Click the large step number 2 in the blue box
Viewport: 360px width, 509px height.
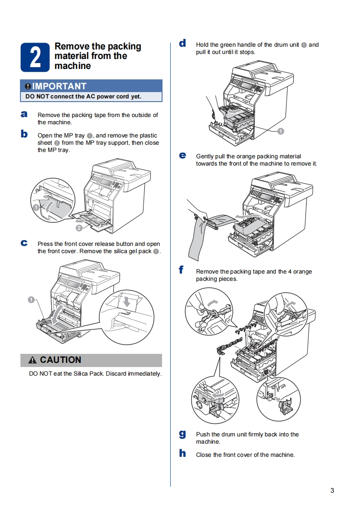tap(35, 58)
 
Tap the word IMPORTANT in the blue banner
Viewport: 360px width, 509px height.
tap(59, 86)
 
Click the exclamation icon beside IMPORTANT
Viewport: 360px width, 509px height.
tap(28, 86)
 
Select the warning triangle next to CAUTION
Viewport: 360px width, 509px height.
tap(32, 360)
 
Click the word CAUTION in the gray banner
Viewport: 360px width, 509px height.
tap(60, 360)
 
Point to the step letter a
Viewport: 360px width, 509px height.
tap(24, 114)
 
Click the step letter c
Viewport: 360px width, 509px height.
tap(24, 243)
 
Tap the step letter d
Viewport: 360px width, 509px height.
tap(182, 44)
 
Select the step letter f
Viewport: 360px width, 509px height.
tap(182, 270)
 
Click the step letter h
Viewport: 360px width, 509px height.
tap(182, 453)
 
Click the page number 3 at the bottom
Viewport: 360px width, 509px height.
tap(332, 490)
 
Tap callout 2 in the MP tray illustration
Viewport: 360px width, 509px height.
tap(79, 228)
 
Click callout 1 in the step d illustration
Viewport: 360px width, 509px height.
tap(281, 131)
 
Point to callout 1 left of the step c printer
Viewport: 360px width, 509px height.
tap(31, 299)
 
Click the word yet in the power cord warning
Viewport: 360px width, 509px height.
tap(135, 97)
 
